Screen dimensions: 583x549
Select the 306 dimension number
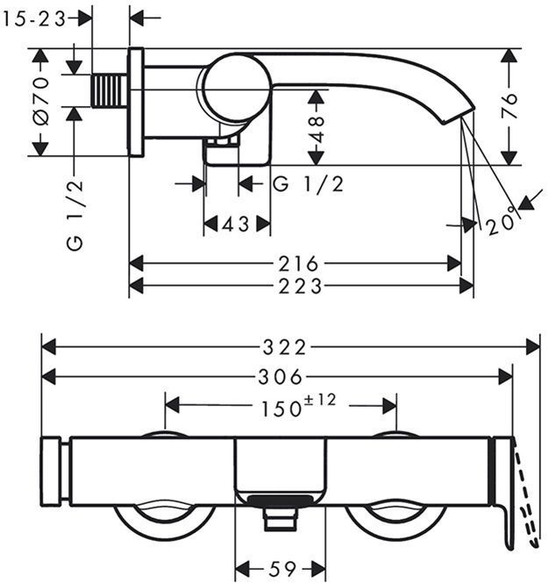(281, 377)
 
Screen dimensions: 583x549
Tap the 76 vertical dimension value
(510, 105)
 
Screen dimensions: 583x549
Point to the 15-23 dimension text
(34, 18)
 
